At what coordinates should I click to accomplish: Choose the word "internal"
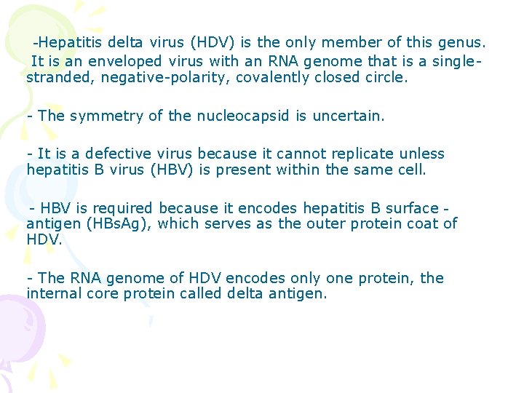pos(53,293)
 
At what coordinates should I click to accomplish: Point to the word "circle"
pos(384,77)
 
